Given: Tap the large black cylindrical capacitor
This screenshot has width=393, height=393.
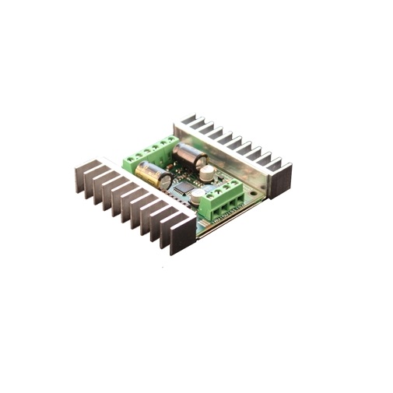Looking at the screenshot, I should pos(189,155).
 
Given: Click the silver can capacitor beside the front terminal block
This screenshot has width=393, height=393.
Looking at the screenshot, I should pos(198,195).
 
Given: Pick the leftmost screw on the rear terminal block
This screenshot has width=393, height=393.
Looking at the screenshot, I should pos(130,156).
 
